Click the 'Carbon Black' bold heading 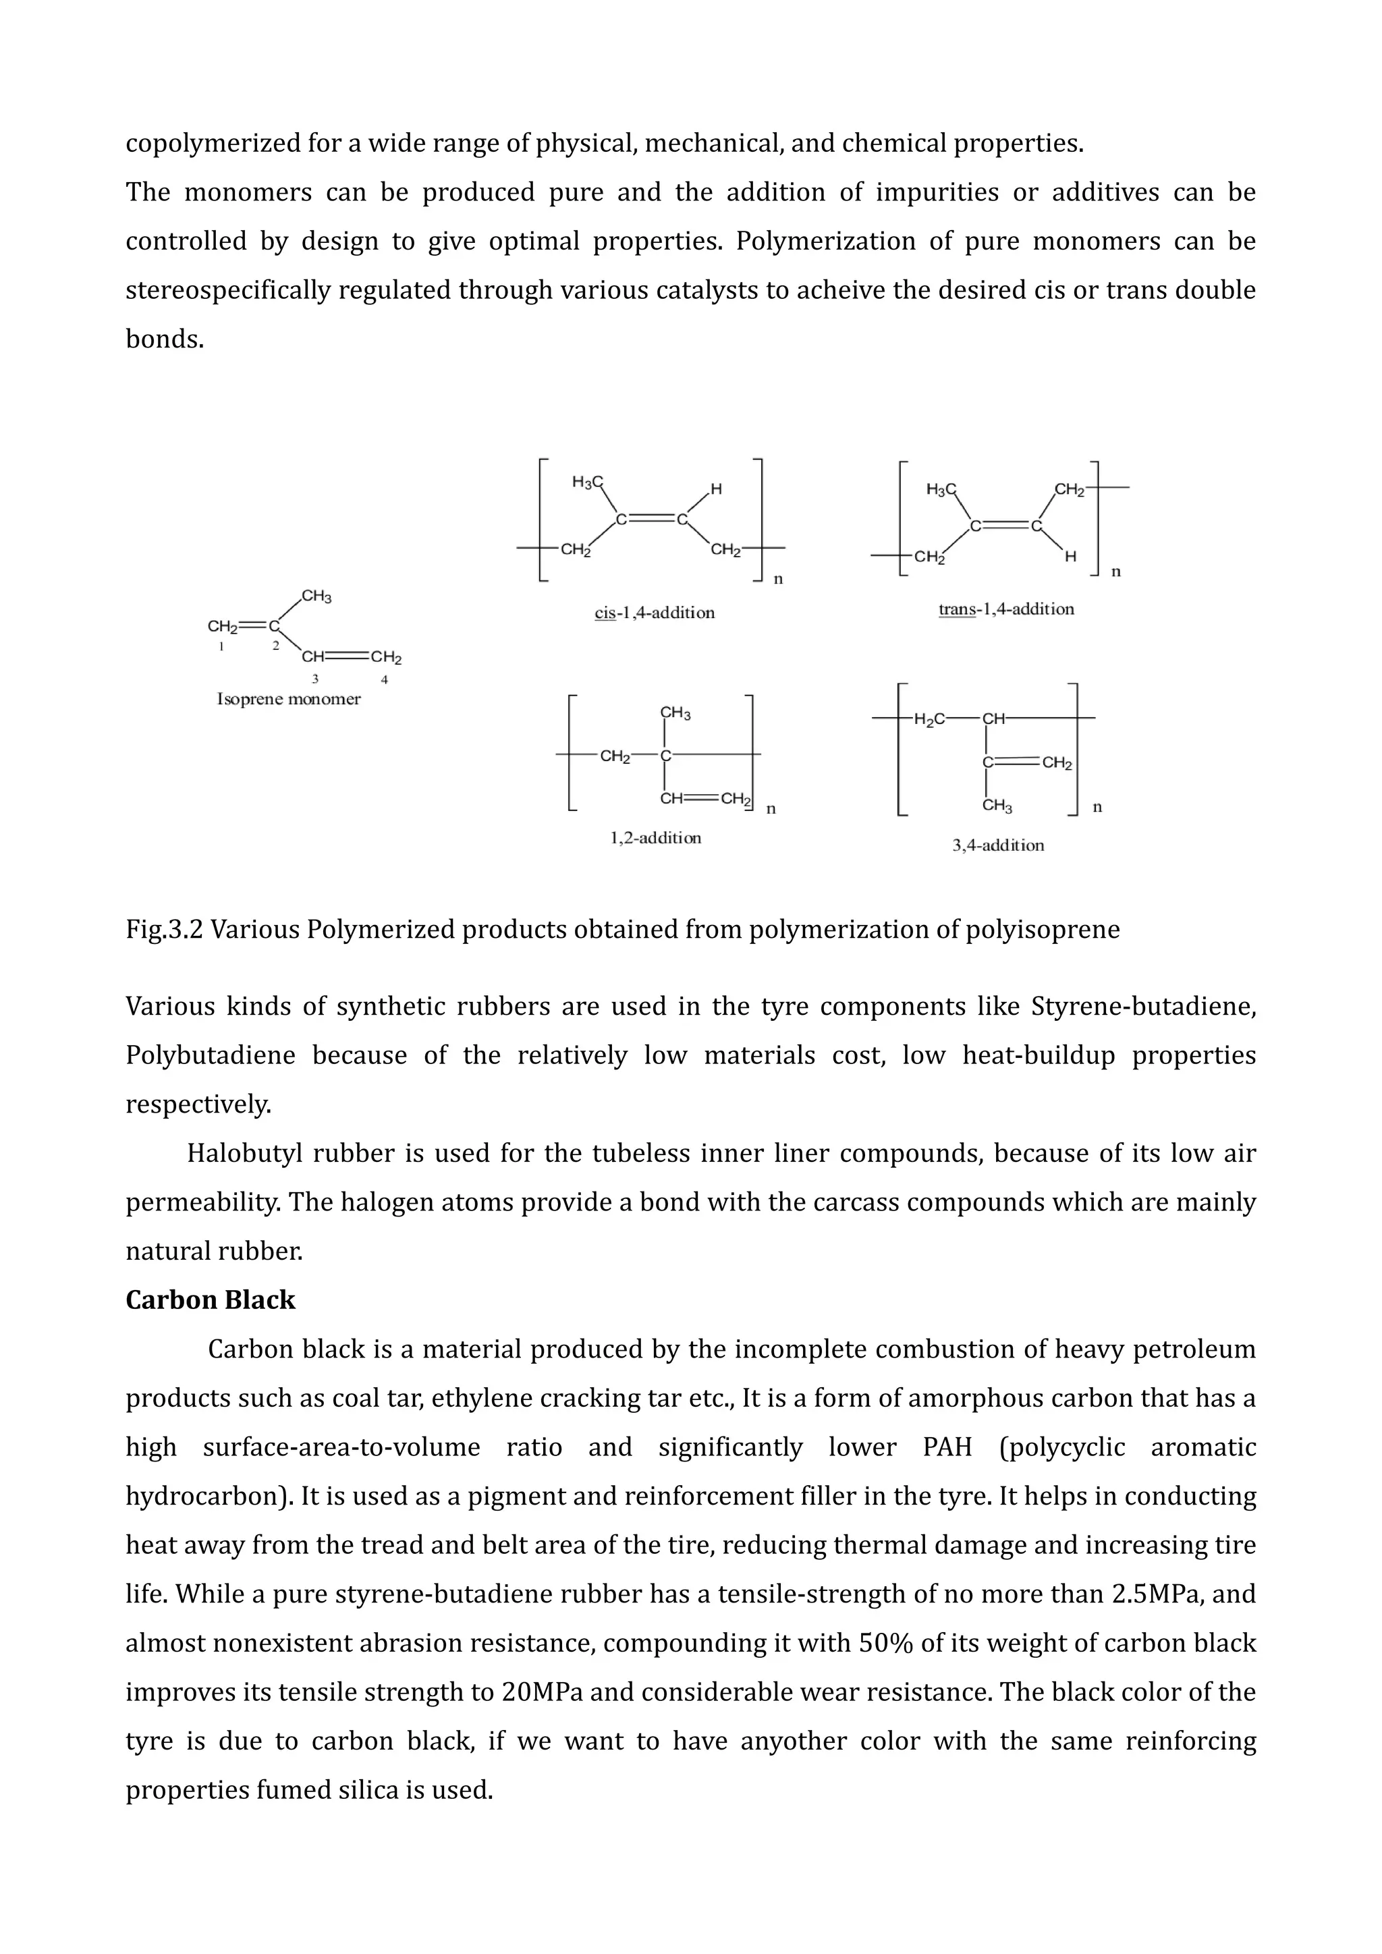(x=210, y=1300)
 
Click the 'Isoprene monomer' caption (x=289, y=700)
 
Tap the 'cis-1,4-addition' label (x=655, y=613)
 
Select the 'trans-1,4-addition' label (x=1006, y=609)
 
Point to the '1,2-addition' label (x=655, y=838)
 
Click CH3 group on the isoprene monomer (x=316, y=596)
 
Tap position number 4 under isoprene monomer (x=385, y=679)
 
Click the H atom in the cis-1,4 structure (x=716, y=489)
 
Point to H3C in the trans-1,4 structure (x=940, y=489)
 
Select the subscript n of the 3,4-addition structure (x=1097, y=807)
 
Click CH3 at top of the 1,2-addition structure (x=675, y=713)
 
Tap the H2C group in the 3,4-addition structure (x=929, y=720)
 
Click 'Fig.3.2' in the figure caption (x=164, y=929)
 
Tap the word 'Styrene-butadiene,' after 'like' (x=1143, y=1007)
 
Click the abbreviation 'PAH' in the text (x=946, y=1447)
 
